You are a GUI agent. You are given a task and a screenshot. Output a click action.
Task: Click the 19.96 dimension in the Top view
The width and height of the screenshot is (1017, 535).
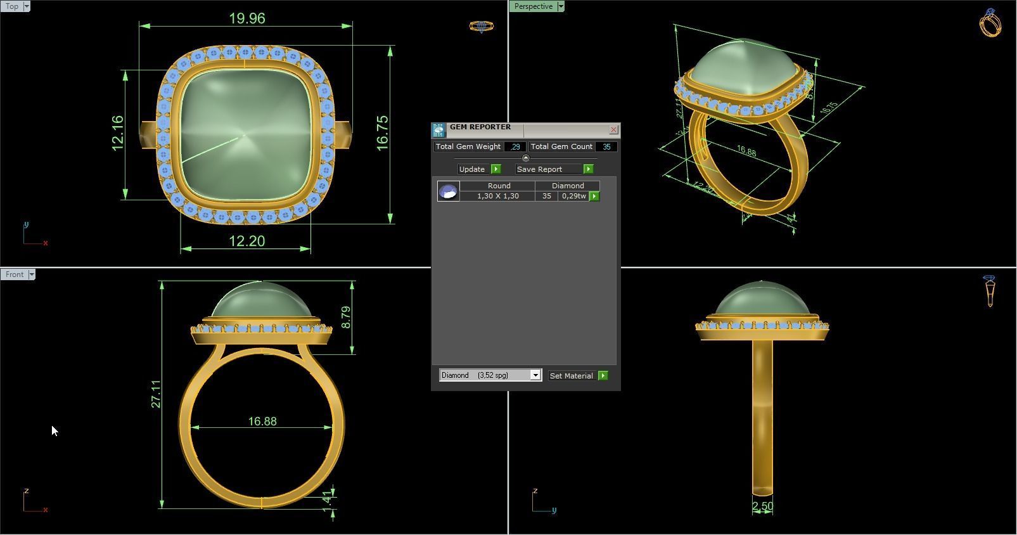pyautogui.click(x=247, y=18)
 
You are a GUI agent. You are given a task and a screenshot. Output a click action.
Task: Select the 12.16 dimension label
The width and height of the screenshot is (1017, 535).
pyautogui.click(x=118, y=133)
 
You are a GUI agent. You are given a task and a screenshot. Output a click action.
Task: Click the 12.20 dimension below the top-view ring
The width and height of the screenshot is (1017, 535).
pyautogui.click(x=247, y=242)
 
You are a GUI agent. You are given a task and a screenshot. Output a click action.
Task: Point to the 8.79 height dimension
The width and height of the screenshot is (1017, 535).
pyautogui.click(x=346, y=317)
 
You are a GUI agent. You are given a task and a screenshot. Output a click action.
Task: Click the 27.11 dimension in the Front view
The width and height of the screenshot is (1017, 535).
pyautogui.click(x=156, y=394)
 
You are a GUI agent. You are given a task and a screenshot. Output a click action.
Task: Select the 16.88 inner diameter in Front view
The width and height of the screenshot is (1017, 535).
pyautogui.click(x=262, y=422)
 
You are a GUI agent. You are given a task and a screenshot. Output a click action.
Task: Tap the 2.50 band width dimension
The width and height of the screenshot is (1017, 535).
pyautogui.click(x=762, y=506)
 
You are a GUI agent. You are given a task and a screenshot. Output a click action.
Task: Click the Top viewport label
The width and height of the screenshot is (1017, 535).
pyautogui.click(x=12, y=6)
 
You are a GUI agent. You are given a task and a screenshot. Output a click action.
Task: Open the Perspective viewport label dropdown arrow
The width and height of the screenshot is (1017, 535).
pyautogui.click(x=561, y=6)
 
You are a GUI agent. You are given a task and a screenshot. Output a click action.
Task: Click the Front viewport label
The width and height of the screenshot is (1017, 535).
pyautogui.click(x=14, y=274)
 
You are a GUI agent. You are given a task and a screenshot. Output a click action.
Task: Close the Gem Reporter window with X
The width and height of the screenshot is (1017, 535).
pyautogui.click(x=613, y=130)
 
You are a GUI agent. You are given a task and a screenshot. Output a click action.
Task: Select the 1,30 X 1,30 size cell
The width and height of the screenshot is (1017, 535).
pyautogui.click(x=497, y=197)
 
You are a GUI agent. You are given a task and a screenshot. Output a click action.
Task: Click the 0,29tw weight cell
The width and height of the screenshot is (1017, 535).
pyautogui.click(x=573, y=197)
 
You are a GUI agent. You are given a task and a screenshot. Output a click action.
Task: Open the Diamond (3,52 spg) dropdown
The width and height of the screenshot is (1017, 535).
pyautogui.click(x=535, y=375)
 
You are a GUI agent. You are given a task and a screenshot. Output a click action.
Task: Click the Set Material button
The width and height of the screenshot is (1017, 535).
pyautogui.click(x=572, y=376)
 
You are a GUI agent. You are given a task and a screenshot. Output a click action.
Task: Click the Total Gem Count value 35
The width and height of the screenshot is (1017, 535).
pyautogui.click(x=606, y=146)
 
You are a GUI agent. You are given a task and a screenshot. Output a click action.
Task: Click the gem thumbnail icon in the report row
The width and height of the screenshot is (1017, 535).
pyautogui.click(x=449, y=191)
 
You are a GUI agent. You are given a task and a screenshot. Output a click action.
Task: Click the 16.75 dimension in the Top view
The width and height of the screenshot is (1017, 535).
pyautogui.click(x=383, y=133)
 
